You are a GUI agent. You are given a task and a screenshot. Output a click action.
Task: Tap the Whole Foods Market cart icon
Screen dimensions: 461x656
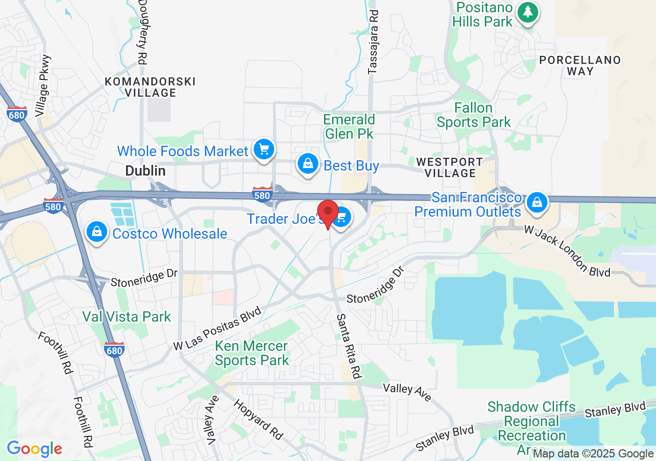click(264, 150)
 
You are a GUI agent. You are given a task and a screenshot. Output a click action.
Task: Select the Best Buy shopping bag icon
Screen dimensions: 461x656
click(307, 163)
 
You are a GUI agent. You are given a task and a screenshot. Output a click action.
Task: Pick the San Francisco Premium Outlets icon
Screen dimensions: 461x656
click(537, 202)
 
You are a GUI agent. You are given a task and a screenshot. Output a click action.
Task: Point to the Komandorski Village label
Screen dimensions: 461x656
click(150, 87)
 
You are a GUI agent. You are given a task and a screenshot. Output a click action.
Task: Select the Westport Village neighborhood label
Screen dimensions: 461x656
click(449, 167)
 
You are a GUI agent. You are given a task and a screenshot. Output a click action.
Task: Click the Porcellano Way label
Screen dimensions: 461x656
click(580, 66)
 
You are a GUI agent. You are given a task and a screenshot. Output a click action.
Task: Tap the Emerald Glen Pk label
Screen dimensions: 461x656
click(349, 127)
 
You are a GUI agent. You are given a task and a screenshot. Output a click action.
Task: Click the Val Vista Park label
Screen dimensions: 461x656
click(127, 317)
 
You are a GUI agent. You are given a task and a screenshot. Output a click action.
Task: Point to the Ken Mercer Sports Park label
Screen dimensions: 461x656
click(252, 353)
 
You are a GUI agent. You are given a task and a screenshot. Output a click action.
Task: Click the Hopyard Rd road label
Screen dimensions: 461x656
click(258, 420)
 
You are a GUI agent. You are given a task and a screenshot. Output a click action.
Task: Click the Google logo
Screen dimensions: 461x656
click(34, 449)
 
